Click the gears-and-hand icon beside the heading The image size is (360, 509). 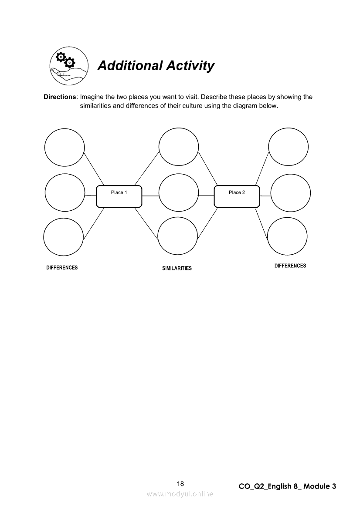click(x=69, y=66)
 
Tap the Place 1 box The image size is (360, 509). click(x=119, y=196)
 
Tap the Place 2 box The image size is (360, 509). click(x=237, y=196)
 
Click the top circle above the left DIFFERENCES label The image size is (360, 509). click(x=65, y=147)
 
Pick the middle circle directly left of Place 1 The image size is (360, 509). click(x=65, y=193)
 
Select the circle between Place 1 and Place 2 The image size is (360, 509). click(x=179, y=193)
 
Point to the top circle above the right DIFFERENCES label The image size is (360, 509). click(x=289, y=147)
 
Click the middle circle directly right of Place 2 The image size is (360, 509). click(x=291, y=193)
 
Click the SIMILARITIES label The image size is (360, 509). click(x=177, y=268)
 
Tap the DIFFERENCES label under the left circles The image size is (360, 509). click(x=62, y=268)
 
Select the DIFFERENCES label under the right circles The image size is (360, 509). click(x=290, y=266)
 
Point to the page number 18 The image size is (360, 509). click(x=180, y=484)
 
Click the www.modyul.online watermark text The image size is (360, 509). click(x=180, y=494)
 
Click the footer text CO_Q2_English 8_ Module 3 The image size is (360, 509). click(x=288, y=486)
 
